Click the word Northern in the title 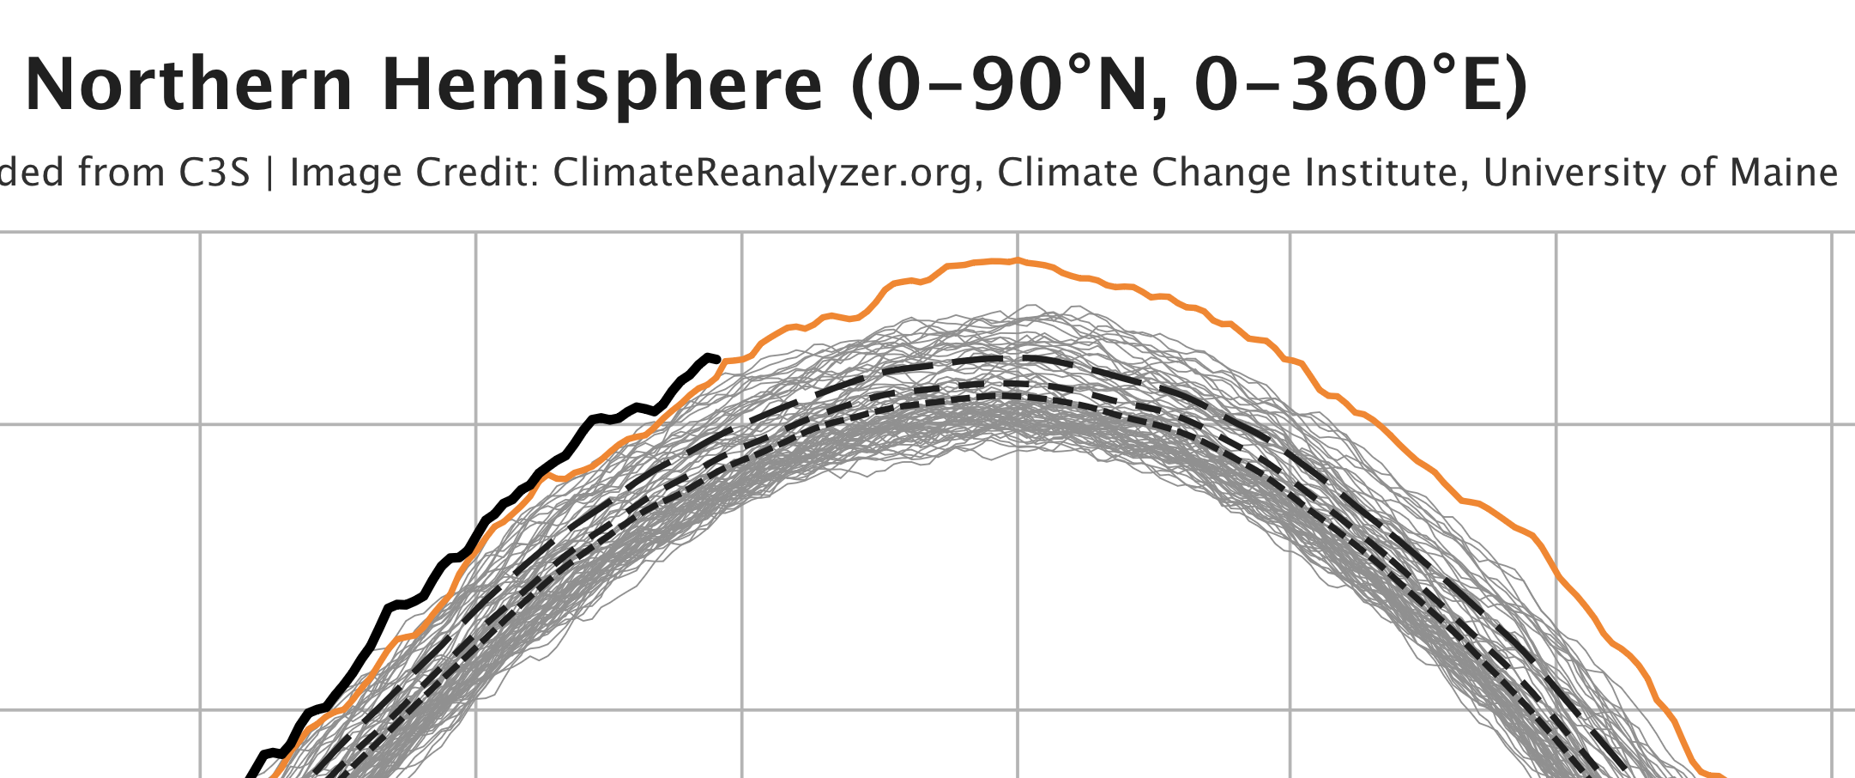[x=189, y=86]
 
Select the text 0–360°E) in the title [x=1361, y=86]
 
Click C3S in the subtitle [x=215, y=173]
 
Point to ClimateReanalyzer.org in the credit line [x=763, y=173]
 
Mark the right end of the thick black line [x=716, y=359]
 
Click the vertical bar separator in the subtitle [x=270, y=173]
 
